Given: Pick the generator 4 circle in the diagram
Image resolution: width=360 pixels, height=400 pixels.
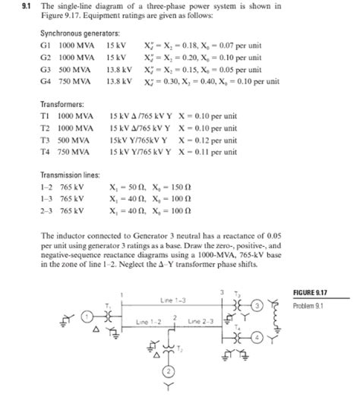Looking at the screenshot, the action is pos(257,336).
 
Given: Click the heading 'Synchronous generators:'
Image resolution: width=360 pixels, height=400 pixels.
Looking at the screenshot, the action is pos(80,34).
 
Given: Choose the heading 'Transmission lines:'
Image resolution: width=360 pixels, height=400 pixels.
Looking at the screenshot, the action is pos(70,174).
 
